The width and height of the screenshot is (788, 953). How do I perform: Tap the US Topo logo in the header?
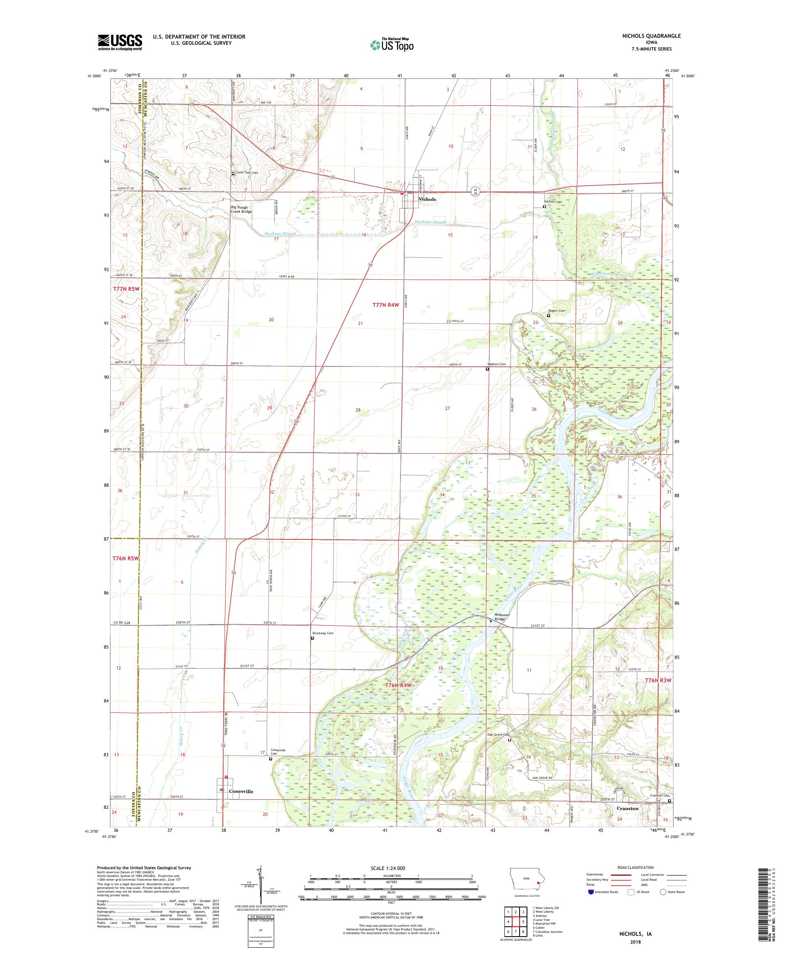392,44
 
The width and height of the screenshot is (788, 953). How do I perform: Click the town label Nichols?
427,199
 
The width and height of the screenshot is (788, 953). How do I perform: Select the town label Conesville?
241,791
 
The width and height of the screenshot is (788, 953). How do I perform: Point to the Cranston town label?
628,808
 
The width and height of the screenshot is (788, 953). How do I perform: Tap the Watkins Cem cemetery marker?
488,369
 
